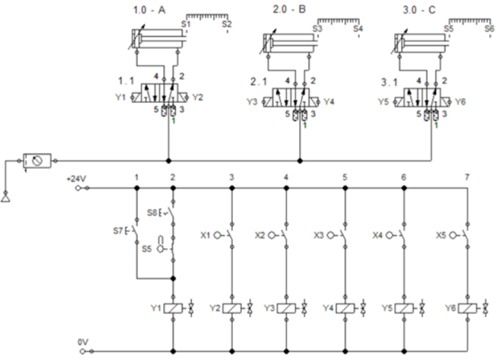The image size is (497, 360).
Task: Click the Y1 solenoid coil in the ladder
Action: pyautogui.click(x=174, y=308)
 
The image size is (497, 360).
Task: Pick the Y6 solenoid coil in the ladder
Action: pyautogui.click(x=467, y=308)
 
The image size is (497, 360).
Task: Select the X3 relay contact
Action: pyautogui.click(x=345, y=234)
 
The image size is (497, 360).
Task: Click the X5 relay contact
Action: pyautogui.click(x=466, y=234)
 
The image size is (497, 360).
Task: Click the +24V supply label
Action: pyautogui.click(x=75, y=178)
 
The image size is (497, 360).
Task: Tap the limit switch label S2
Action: pyautogui.click(x=226, y=24)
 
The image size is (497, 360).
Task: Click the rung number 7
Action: pyautogui.click(x=466, y=176)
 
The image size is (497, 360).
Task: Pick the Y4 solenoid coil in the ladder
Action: pyautogui.click(x=345, y=308)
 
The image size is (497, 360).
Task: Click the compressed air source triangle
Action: pyautogui.click(x=6, y=195)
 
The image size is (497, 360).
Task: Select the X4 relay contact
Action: pyautogui.click(x=404, y=234)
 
